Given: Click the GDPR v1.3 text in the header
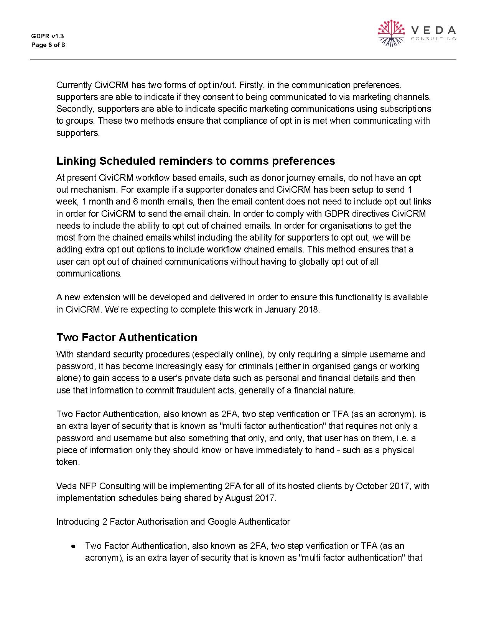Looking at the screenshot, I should (47, 36).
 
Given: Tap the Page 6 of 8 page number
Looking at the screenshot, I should (48, 45).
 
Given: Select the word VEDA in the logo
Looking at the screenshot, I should (433, 30).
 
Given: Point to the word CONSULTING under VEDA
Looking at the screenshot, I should (433, 39).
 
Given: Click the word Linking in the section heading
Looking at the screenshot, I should (76, 161).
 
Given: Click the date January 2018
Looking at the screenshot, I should (291, 309).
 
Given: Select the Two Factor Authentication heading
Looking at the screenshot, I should (127, 337).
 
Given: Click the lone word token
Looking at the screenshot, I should (68, 462).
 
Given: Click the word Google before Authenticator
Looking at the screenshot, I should (222, 522).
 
